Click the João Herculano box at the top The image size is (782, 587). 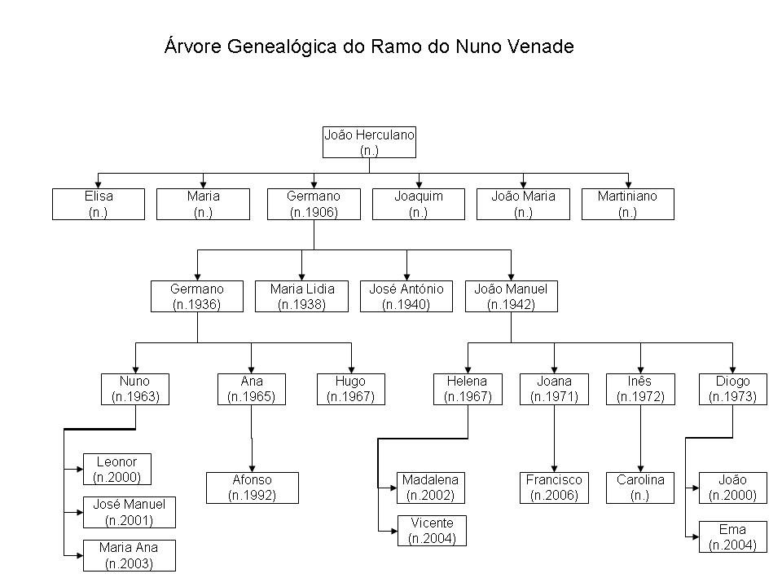369,142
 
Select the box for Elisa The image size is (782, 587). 99,204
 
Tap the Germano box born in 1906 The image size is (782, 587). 314,204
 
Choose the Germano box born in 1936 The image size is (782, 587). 197,297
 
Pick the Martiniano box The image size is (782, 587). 628,204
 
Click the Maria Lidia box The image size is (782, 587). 301,297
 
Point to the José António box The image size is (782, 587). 406,297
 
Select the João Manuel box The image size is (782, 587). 512,297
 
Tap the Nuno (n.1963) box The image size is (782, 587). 135,389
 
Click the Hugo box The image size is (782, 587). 351,389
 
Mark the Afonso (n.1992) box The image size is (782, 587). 253,488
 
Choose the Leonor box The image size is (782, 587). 117,470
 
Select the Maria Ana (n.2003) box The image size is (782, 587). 130,555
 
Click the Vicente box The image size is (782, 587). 432,531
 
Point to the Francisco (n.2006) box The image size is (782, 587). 554,488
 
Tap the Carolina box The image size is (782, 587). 640,488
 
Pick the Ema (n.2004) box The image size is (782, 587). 732,537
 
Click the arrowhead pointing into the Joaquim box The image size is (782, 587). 419,185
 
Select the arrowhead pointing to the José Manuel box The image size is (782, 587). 80,512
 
